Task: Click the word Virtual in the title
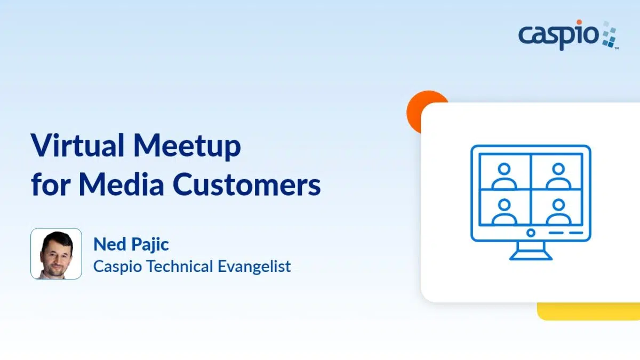(x=77, y=145)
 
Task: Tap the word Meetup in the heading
(x=187, y=147)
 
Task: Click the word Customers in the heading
(x=246, y=185)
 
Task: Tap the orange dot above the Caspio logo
(x=579, y=22)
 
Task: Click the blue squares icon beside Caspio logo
(x=610, y=35)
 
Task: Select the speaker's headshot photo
(x=57, y=253)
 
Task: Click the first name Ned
(x=110, y=244)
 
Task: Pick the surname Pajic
(x=150, y=245)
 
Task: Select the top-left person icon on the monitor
(x=504, y=176)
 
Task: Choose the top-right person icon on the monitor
(x=558, y=176)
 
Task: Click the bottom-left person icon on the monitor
(x=504, y=212)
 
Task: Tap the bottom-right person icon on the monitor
(x=558, y=212)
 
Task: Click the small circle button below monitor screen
(x=531, y=233)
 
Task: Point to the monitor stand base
(x=531, y=258)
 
